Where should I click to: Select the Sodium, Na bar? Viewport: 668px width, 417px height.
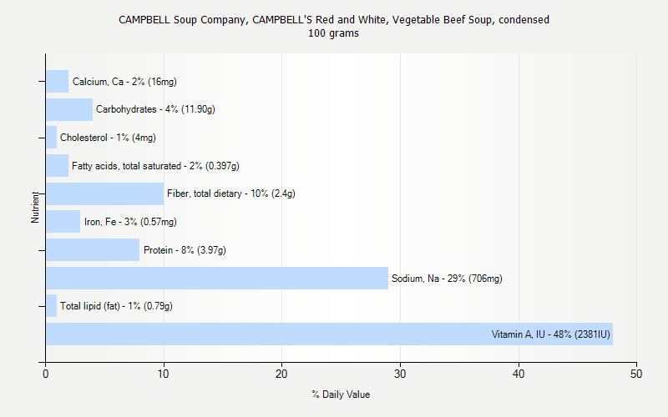[x=217, y=279]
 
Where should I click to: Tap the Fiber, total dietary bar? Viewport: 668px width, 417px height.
[x=104, y=193]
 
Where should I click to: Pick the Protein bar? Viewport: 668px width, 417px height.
[x=93, y=250]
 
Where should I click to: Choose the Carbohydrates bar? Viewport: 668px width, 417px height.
[x=69, y=109]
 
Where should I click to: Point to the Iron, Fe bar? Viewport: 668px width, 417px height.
[x=63, y=222]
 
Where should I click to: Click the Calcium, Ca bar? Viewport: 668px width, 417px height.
[x=57, y=82]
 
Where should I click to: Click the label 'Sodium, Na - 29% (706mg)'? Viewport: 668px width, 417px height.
[x=447, y=279]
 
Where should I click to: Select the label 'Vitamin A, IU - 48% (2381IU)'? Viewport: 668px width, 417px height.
[x=550, y=334]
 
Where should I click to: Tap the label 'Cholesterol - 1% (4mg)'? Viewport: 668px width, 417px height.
[x=108, y=138]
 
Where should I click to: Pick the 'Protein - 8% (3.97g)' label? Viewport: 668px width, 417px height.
[x=185, y=250]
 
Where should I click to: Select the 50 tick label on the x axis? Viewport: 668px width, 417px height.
[x=637, y=374]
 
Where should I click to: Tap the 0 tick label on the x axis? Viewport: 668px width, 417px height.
[x=46, y=374]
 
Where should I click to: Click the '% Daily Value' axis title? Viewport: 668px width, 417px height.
[x=341, y=394]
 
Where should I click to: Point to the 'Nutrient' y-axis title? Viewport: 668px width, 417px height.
[x=35, y=207]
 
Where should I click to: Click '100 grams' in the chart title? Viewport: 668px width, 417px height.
[x=334, y=33]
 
